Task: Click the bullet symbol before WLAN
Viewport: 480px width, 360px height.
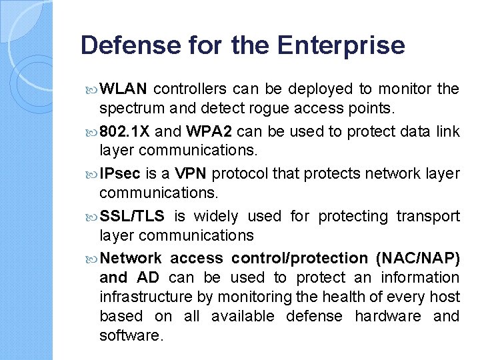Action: (92, 89)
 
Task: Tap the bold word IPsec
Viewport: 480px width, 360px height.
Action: (120, 174)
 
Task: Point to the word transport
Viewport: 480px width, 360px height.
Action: (428, 217)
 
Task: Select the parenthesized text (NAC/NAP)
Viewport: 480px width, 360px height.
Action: (418, 258)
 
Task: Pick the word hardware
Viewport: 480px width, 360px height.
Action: (387, 316)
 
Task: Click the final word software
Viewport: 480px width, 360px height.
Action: (131, 335)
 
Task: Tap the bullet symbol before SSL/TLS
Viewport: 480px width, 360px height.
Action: (92, 217)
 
